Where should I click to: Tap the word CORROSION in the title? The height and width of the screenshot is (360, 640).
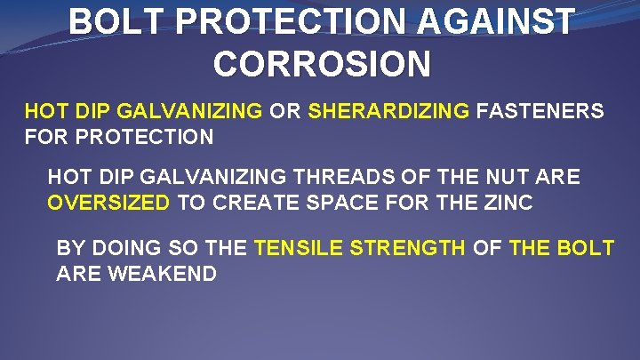323,63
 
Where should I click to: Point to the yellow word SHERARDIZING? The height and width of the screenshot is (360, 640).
388,112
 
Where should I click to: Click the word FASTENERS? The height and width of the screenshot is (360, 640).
540,112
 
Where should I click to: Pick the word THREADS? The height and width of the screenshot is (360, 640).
343,178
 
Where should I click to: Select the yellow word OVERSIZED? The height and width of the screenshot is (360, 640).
108,202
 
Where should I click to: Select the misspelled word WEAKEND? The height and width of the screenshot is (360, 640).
163,273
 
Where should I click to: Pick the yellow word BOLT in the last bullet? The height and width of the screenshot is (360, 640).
584,247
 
